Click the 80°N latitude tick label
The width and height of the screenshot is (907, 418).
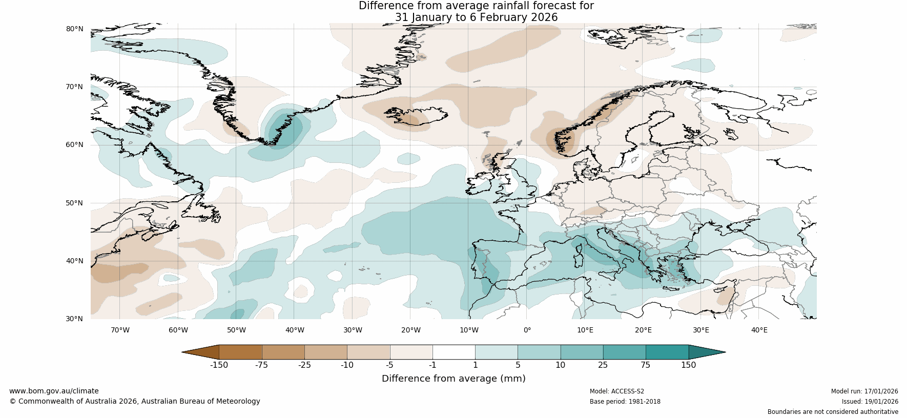(74, 29)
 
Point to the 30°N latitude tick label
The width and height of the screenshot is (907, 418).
(74, 319)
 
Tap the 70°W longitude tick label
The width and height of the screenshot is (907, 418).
(120, 330)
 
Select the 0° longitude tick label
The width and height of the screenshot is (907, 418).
(527, 330)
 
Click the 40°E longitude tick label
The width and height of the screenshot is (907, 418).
(759, 330)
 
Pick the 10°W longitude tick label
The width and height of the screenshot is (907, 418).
(469, 330)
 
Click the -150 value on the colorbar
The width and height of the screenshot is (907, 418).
(219, 365)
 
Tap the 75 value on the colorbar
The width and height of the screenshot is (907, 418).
(645, 365)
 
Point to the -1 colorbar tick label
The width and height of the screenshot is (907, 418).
(432, 365)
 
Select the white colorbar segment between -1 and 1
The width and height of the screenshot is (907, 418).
(453, 352)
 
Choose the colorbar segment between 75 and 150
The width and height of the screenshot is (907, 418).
(667, 352)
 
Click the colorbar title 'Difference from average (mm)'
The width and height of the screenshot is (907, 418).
(453, 379)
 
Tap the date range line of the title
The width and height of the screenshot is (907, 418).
(476, 17)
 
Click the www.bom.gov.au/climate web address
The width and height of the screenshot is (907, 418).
(54, 391)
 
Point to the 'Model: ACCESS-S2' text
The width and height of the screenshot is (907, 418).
(617, 391)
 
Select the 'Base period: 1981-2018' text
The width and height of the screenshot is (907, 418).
(625, 402)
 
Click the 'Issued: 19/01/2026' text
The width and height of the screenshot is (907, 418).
(870, 402)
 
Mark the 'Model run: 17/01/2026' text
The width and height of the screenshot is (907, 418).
(864, 391)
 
